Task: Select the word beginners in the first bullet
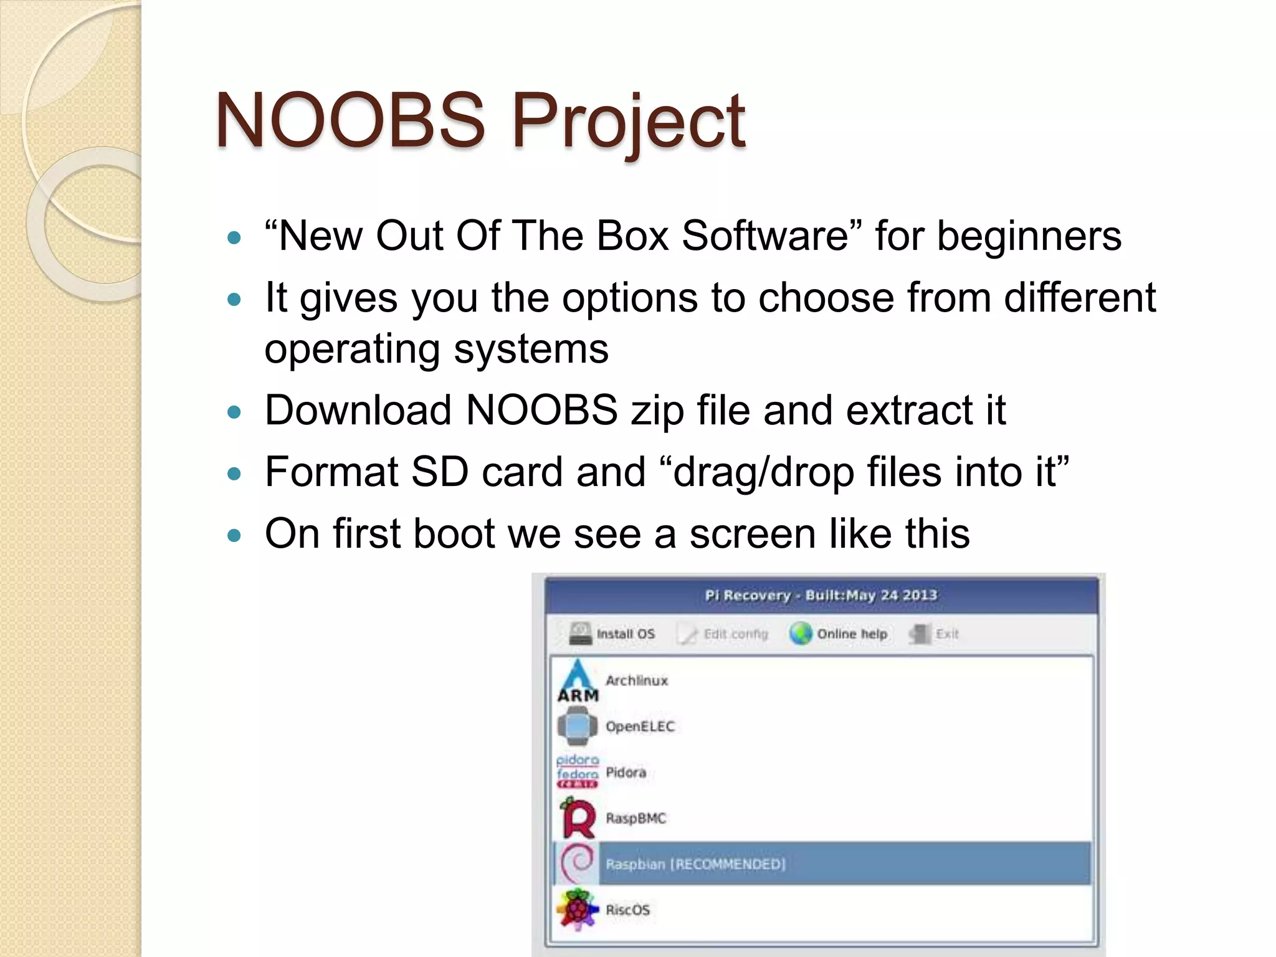tap(1029, 237)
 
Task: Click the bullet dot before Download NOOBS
tap(234, 412)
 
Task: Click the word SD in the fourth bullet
tap(440, 472)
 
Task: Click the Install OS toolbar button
tap(612, 634)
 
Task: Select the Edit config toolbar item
tap(724, 634)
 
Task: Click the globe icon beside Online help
tap(801, 634)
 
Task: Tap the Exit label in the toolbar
tap(947, 634)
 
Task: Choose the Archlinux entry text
tap(636, 680)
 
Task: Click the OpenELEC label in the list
tap(640, 726)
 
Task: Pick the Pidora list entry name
tap(626, 773)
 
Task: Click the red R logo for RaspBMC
tap(578, 819)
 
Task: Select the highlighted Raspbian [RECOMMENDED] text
tap(695, 864)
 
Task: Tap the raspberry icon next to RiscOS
tap(578, 910)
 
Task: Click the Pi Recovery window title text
tap(821, 595)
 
